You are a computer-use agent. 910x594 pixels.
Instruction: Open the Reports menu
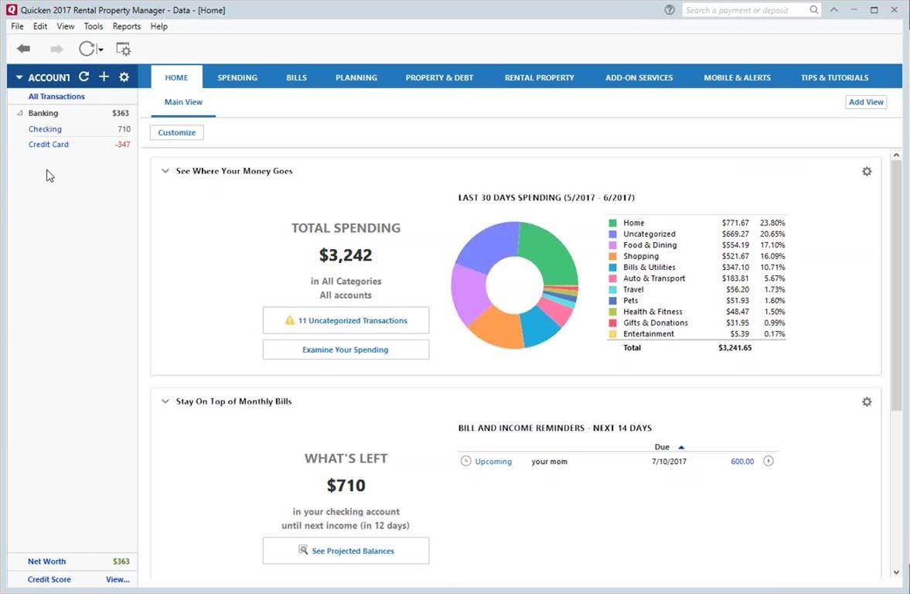[127, 26]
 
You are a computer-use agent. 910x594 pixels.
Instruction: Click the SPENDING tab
[237, 77]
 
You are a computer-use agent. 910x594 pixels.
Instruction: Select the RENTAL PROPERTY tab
[539, 77]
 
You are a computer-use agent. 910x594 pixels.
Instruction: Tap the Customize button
[177, 132]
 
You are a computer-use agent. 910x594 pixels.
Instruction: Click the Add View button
[866, 102]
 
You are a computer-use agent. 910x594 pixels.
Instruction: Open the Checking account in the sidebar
[45, 129]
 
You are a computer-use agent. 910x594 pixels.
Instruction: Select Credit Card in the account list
[49, 145]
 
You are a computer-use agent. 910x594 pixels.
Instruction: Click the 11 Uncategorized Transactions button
[346, 320]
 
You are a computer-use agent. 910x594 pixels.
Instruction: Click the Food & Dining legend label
[649, 245]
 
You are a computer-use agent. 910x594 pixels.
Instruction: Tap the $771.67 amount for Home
[734, 223]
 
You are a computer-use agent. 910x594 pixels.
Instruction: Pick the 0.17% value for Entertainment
[772, 334]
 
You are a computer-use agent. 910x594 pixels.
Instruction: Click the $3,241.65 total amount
[734, 348]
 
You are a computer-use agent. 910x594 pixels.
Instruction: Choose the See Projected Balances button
[346, 551]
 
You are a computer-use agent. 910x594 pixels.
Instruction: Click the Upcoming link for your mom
[493, 462]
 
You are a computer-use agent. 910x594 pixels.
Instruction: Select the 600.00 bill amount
[742, 462]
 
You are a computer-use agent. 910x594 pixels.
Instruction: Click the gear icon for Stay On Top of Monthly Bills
[867, 402]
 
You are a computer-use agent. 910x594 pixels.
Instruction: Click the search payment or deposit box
[746, 10]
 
